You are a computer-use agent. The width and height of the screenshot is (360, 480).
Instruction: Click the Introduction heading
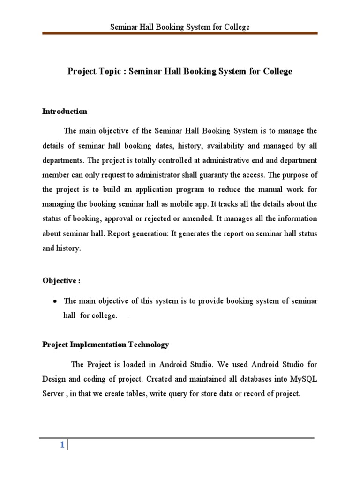tap(65, 112)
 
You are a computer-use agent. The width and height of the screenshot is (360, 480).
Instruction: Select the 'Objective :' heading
tap(61, 281)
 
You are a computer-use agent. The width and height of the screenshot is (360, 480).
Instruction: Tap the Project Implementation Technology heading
tap(105, 345)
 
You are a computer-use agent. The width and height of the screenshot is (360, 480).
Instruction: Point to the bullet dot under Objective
tap(55, 301)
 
